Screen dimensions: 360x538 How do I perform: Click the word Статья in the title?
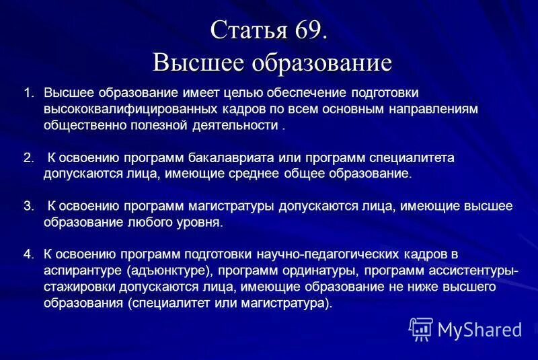pos(249,30)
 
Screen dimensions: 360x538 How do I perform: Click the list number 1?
pos(28,92)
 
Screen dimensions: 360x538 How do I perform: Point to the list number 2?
pos(28,158)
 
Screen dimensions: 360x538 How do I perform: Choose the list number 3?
pos(28,206)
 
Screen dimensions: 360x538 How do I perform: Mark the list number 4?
pos(28,254)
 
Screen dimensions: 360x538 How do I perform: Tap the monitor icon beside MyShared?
pos(420,328)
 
